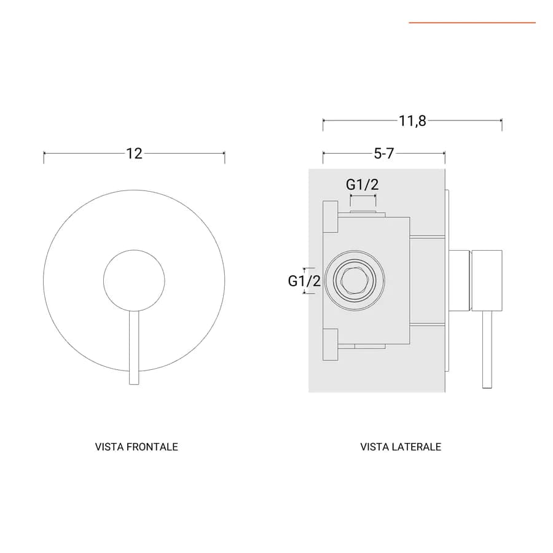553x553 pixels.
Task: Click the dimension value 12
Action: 135,154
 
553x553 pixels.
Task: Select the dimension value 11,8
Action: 412,121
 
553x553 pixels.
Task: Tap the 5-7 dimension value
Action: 383,154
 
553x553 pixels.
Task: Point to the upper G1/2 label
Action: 363,184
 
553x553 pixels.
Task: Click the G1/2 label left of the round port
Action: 304,281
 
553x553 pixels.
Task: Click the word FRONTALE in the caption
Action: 152,447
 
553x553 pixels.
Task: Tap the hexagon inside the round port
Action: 355,280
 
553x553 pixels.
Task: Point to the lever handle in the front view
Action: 134,348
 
